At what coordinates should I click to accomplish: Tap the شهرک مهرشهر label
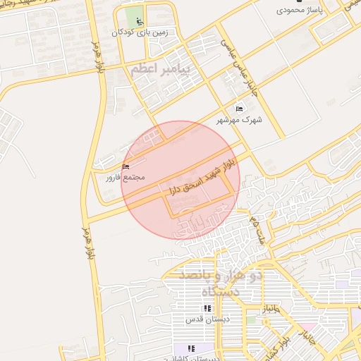pos(241,120)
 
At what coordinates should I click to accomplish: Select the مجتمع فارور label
pos(125,177)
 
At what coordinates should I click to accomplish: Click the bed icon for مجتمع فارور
pos(126,166)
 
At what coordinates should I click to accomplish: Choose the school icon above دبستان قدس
pos(207,308)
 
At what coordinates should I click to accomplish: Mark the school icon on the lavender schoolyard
pos(190,348)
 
